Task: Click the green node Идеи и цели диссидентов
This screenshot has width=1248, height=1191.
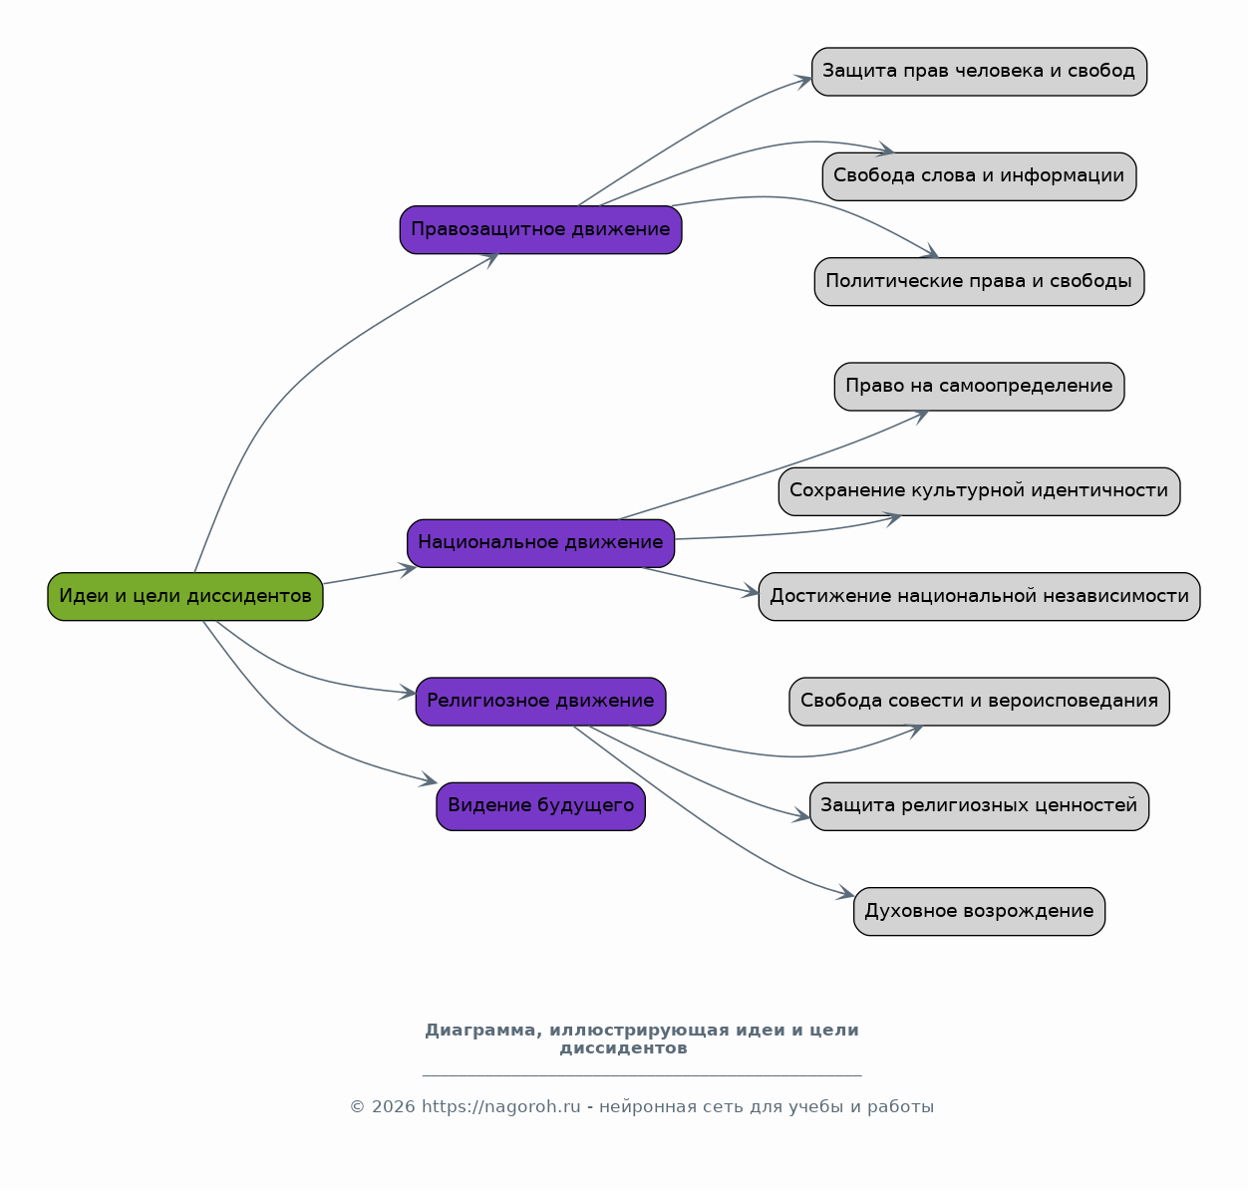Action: (x=185, y=597)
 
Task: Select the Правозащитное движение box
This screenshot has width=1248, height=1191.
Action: (x=541, y=230)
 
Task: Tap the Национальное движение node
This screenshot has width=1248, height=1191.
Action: (x=541, y=543)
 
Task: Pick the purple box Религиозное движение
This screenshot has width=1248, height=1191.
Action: (x=541, y=702)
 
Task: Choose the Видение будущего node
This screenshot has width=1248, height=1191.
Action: (x=541, y=806)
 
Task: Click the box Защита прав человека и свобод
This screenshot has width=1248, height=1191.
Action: (x=980, y=72)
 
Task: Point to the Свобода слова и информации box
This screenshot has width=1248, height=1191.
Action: (x=980, y=176)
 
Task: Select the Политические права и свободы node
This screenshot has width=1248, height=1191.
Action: (x=980, y=282)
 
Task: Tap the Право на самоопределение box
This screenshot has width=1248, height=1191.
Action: (x=980, y=387)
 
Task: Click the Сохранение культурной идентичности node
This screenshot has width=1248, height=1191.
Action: (x=980, y=492)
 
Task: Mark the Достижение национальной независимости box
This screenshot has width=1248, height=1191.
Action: (x=980, y=597)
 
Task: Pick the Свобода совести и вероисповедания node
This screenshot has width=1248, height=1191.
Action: (x=980, y=702)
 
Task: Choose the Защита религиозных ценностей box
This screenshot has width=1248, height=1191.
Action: (x=980, y=806)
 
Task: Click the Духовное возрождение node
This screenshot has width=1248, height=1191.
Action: (x=980, y=912)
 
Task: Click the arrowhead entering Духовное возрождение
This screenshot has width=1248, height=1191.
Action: (x=846, y=893)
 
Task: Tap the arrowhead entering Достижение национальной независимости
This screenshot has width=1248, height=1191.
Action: (x=751, y=592)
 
